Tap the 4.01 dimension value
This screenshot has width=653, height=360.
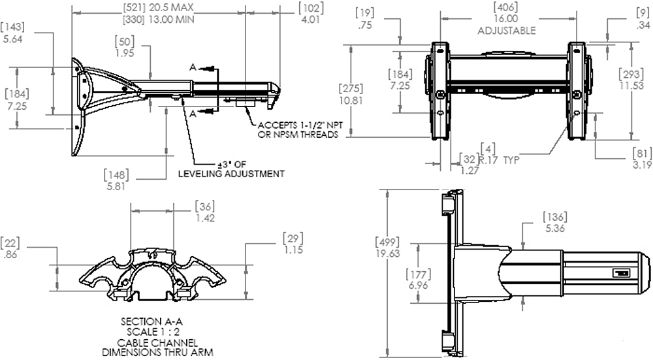pos(311,19)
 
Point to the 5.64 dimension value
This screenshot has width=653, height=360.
pos(12,39)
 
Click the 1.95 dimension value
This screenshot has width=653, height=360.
pos(125,53)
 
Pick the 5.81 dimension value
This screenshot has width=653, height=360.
pos(116,186)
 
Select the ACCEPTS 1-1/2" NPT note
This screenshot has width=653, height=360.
pos(300,125)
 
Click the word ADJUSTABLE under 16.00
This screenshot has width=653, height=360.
pos(507,31)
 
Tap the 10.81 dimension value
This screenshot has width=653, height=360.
pos(351,101)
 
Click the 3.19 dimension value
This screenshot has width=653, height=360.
pos(642,165)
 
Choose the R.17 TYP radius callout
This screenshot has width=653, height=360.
pos(498,159)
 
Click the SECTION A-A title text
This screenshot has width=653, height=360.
pos(151,321)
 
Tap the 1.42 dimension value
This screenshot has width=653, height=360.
pos(205,218)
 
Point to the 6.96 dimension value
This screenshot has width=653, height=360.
pos(418,286)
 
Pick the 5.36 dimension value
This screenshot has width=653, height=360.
pos(555,228)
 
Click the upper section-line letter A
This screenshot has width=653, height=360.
pos(193,67)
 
